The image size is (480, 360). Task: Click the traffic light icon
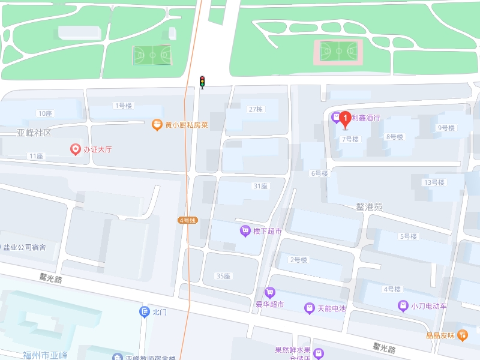point(202,82)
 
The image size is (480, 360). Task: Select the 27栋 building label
point(256,109)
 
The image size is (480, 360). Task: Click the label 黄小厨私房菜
point(187,125)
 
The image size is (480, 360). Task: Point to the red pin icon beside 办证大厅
point(76,149)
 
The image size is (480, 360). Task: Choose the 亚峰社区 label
point(34,132)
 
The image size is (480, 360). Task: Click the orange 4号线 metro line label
point(188,220)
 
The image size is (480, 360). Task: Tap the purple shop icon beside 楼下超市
point(245,230)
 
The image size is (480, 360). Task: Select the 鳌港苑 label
point(369,207)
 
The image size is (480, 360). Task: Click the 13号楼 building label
point(434,182)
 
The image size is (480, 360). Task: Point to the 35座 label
point(223,276)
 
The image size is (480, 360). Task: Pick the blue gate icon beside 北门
point(144,311)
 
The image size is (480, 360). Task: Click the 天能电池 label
point(332,308)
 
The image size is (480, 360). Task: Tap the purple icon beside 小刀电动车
point(403,306)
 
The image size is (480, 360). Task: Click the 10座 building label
point(45,113)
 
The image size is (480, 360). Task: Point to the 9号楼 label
point(446,128)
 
